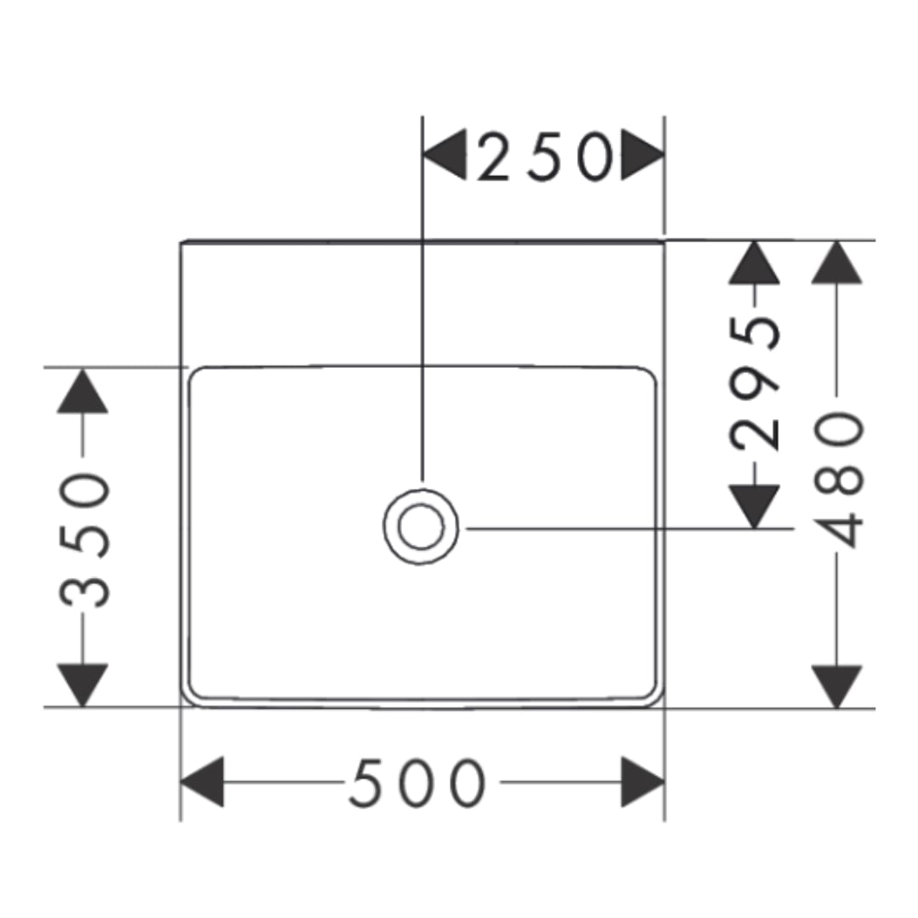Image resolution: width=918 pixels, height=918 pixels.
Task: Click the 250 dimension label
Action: tap(545, 156)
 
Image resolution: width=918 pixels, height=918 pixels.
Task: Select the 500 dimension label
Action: tap(417, 783)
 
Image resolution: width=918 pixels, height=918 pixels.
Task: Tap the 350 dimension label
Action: tap(84, 540)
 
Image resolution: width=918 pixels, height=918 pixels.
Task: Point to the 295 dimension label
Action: tap(755, 384)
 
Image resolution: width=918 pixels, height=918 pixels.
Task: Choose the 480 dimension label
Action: tap(838, 479)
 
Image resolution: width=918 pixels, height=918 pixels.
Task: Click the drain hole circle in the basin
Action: tap(421, 526)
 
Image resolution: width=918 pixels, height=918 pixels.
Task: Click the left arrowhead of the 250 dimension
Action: tap(445, 155)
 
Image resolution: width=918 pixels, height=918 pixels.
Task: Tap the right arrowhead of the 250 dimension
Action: tap(643, 155)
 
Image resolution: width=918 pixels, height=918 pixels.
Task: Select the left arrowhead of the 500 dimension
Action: tap(202, 782)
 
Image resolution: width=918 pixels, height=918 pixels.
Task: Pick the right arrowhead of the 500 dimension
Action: tap(643, 782)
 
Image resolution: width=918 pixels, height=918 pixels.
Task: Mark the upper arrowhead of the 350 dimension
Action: tap(82, 391)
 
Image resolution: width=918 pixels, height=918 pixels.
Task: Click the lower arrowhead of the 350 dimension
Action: tap(82, 686)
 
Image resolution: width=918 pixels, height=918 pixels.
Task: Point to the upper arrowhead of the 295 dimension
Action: tap(754, 263)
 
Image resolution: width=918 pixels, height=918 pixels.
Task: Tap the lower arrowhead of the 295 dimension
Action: tap(754, 507)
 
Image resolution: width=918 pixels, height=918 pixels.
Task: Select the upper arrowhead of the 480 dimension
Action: tap(836, 263)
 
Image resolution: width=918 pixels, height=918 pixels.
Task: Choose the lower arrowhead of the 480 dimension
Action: tap(836, 687)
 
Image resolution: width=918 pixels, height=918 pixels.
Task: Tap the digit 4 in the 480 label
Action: tap(838, 530)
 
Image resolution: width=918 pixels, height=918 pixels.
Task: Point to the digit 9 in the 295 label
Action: tap(755, 384)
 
